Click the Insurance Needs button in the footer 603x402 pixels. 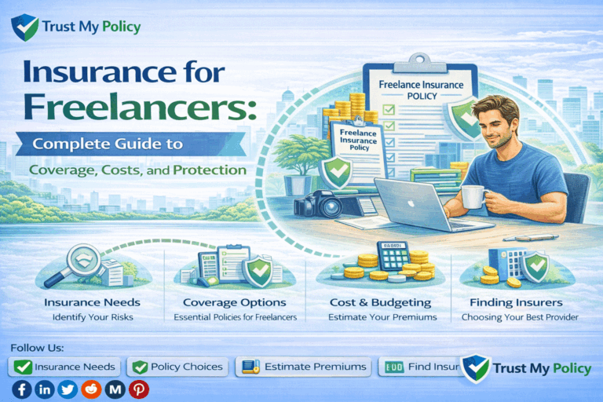click(64, 367)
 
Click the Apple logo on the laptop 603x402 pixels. click(415, 202)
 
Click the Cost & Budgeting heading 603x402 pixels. click(374, 302)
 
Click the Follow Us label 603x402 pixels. click(37, 347)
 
